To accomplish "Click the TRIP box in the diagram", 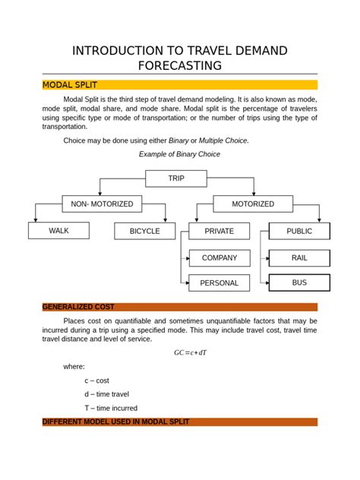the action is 176,178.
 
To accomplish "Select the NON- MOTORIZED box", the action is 102,204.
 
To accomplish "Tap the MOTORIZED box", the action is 253,204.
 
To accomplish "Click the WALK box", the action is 58,231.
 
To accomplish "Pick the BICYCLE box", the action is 144,231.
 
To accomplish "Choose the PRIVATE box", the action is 219,231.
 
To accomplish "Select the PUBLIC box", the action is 299,231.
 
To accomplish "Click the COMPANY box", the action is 219,257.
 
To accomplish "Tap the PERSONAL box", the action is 219,283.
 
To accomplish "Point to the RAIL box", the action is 299,257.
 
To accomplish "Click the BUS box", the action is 299,283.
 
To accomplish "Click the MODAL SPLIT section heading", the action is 70,84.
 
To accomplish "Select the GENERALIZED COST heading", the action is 78,307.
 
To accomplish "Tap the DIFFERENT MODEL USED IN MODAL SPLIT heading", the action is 115,422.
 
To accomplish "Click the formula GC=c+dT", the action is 191,352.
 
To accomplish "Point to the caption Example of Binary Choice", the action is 179,153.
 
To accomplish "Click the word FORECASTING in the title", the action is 179,65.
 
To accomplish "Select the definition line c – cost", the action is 96,380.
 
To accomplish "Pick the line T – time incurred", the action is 111,408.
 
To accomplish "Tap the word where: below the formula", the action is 74,366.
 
